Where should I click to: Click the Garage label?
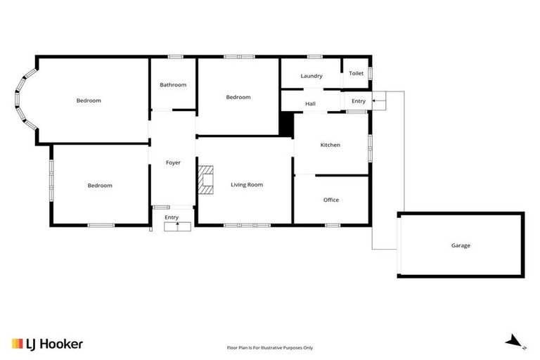click(x=461, y=245)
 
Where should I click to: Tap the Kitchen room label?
click(x=330, y=145)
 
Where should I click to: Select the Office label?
click(x=330, y=200)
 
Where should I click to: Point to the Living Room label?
click(x=247, y=185)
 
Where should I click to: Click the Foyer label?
click(x=173, y=162)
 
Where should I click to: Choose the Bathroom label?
click(x=173, y=84)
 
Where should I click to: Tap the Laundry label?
click(x=311, y=76)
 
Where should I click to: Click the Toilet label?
click(x=356, y=73)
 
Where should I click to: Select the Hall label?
click(x=310, y=104)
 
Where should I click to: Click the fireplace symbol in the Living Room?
click(x=205, y=179)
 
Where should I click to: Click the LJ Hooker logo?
click(x=47, y=344)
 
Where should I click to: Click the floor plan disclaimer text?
click(x=269, y=347)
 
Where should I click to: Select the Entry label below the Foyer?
click(x=172, y=217)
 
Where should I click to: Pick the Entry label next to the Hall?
click(x=359, y=101)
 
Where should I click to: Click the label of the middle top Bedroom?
click(x=238, y=97)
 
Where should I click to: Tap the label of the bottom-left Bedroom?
click(x=100, y=186)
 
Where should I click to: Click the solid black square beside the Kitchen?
click(x=286, y=124)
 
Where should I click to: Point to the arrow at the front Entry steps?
click(x=177, y=226)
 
